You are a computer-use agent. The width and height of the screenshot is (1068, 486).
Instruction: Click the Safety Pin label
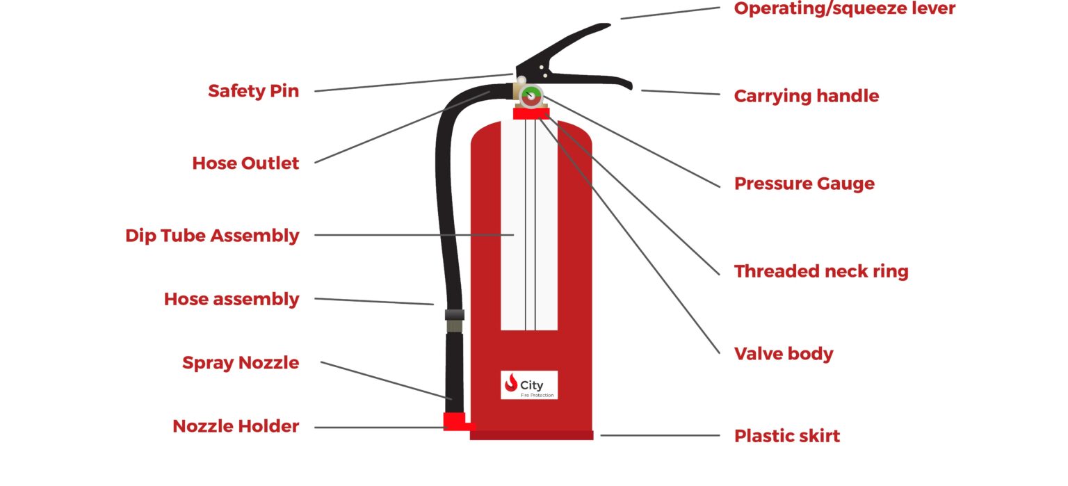click(x=253, y=91)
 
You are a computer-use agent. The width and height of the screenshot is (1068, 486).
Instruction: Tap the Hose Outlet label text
click(x=245, y=163)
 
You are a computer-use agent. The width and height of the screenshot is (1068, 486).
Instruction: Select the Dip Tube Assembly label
click(x=212, y=236)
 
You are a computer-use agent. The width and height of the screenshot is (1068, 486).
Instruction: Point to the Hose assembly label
click(x=232, y=299)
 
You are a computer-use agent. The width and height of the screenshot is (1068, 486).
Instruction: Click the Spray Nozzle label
click(x=241, y=363)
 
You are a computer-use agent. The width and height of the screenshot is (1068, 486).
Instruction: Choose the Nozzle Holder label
click(x=236, y=426)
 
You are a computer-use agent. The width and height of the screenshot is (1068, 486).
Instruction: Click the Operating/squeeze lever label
click(x=844, y=9)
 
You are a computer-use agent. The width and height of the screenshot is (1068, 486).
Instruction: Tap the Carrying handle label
click(x=806, y=96)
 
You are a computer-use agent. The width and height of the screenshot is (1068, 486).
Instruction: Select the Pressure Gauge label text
click(x=804, y=184)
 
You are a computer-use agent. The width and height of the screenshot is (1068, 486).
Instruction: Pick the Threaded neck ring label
click(x=820, y=271)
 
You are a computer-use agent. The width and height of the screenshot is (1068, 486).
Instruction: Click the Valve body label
click(x=783, y=354)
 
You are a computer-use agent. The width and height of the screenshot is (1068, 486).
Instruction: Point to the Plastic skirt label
click(x=786, y=436)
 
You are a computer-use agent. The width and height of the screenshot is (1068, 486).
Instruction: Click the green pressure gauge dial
click(x=531, y=97)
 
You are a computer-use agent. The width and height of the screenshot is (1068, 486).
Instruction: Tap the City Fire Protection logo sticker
click(x=528, y=385)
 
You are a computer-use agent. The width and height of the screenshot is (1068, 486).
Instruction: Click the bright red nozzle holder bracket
click(x=455, y=421)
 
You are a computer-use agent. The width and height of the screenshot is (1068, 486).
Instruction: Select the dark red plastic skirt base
click(x=531, y=435)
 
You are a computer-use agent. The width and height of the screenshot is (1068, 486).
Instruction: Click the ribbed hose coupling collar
click(x=454, y=315)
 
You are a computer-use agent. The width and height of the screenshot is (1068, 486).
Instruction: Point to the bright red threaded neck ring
click(x=531, y=114)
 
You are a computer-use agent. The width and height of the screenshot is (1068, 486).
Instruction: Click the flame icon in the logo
click(x=512, y=383)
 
